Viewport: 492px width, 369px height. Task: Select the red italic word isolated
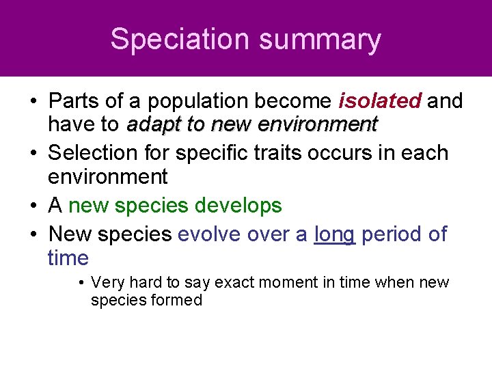click(380, 101)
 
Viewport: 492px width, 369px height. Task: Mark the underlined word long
click(334, 234)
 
